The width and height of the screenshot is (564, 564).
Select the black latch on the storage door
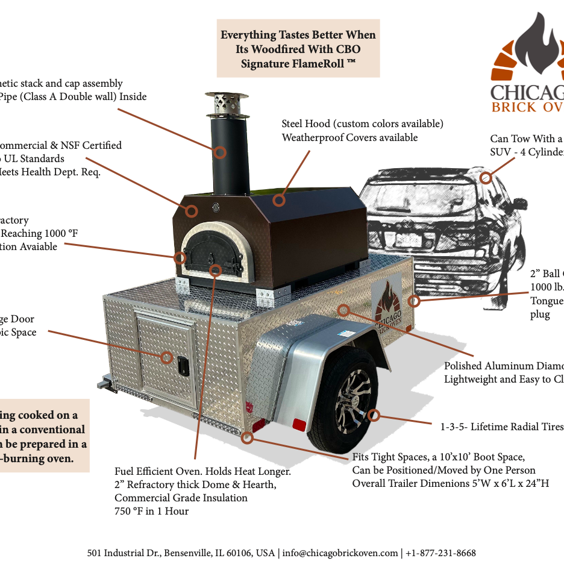tap(180, 364)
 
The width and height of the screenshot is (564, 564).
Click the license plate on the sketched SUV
tap(408, 240)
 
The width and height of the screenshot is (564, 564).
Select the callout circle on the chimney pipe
tap(220, 152)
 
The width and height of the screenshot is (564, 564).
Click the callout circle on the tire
tap(374, 415)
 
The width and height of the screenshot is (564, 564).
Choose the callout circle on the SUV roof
tap(486, 177)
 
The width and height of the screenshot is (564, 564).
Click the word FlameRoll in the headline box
tap(313, 63)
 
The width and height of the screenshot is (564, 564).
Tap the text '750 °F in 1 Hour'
tap(151, 511)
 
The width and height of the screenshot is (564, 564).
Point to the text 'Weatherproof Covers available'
tap(349, 137)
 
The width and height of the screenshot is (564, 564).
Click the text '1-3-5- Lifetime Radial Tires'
tap(500, 427)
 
